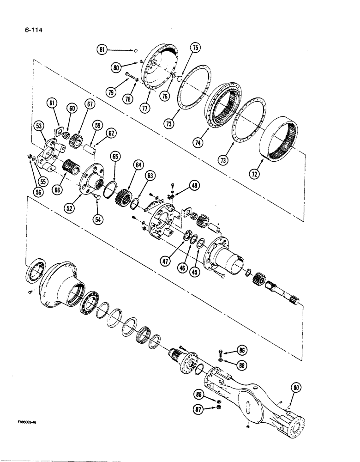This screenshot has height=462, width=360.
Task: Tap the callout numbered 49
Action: pos(194,186)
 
